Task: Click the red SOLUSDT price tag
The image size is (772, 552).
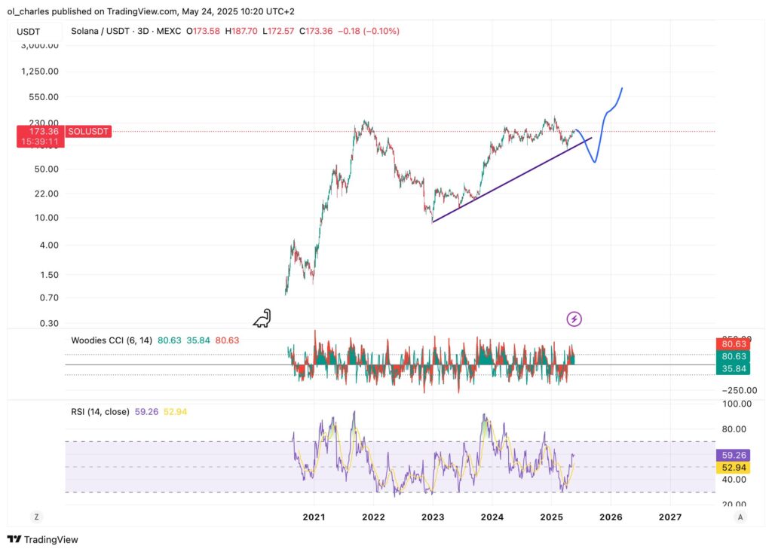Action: pyautogui.click(x=88, y=131)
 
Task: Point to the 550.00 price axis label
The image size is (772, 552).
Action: pyautogui.click(x=42, y=97)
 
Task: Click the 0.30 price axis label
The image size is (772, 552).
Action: pyautogui.click(x=47, y=323)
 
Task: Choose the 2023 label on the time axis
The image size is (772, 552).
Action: pyautogui.click(x=433, y=517)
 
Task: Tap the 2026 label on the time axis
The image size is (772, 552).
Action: pyautogui.click(x=611, y=517)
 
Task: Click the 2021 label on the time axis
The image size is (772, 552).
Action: pyautogui.click(x=314, y=517)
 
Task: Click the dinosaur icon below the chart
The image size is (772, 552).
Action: pyautogui.click(x=262, y=319)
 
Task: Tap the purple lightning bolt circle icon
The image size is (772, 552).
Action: pyautogui.click(x=574, y=319)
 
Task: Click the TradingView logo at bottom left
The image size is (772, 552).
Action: pyautogui.click(x=43, y=539)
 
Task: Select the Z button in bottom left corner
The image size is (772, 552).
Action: pyautogui.click(x=35, y=517)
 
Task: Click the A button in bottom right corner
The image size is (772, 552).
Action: pyautogui.click(x=741, y=517)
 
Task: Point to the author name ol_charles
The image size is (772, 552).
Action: pyautogui.click(x=31, y=11)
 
